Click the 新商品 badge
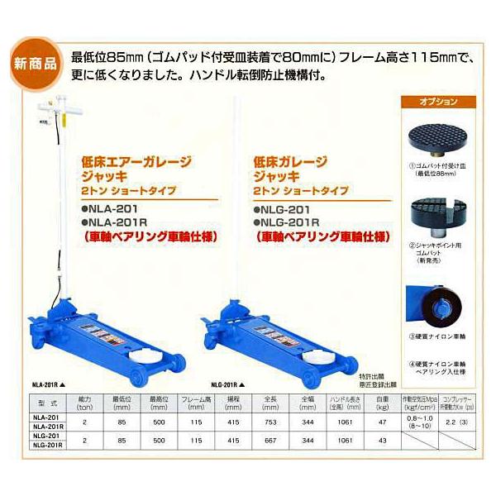pyautogui.click(x=36, y=62)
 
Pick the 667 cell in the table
pyautogui.click(x=269, y=440)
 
